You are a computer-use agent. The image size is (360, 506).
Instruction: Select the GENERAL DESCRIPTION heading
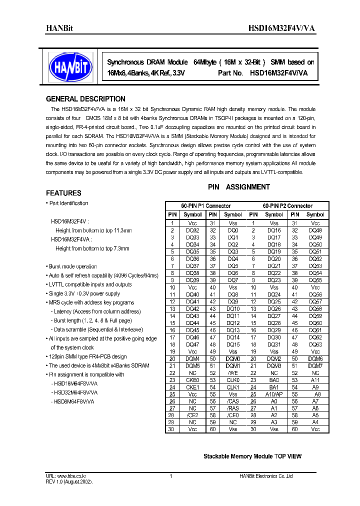pyautogui.click(x=85, y=99)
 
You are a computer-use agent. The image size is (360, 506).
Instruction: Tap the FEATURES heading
pyautogui.click(x=63, y=193)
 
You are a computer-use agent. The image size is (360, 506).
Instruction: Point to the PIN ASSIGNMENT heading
pyautogui.click(x=239, y=187)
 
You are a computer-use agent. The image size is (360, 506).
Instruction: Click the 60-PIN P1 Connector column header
pyautogui.click(x=205, y=206)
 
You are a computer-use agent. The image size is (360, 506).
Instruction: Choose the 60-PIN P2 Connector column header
pyautogui.click(x=287, y=206)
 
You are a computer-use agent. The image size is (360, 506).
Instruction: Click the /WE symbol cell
pyautogui.click(x=233, y=373)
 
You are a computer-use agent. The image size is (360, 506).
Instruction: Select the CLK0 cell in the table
pyautogui.click(x=233, y=380)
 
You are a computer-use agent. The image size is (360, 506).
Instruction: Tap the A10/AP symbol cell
pyautogui.click(x=274, y=394)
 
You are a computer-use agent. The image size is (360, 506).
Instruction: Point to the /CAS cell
pyautogui.click(x=233, y=401)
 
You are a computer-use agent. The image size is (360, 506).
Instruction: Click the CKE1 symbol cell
pyautogui.click(x=192, y=387)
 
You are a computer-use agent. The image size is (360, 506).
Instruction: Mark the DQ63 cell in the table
pyautogui.click(x=315, y=344)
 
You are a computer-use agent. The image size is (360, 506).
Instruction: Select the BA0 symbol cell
pyautogui.click(x=274, y=380)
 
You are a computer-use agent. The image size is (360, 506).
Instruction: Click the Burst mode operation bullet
pyautogui.click(x=73, y=266)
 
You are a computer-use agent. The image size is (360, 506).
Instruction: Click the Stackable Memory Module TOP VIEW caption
pyautogui.click(x=252, y=456)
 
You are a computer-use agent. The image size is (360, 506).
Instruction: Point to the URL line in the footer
pyautogui.click(x=64, y=476)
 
